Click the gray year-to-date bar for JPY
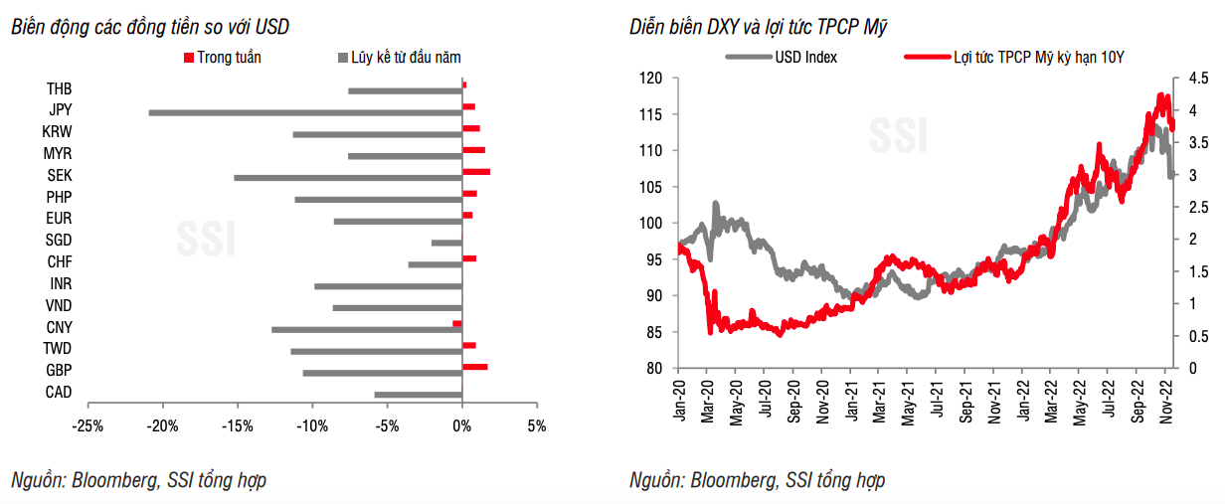[305, 112]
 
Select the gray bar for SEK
[348, 178]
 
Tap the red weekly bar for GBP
[474, 367]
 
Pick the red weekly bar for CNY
[457, 323]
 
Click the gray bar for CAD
[418, 395]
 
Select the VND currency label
[59, 306]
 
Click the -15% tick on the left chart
[237, 426]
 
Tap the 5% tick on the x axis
[536, 426]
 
